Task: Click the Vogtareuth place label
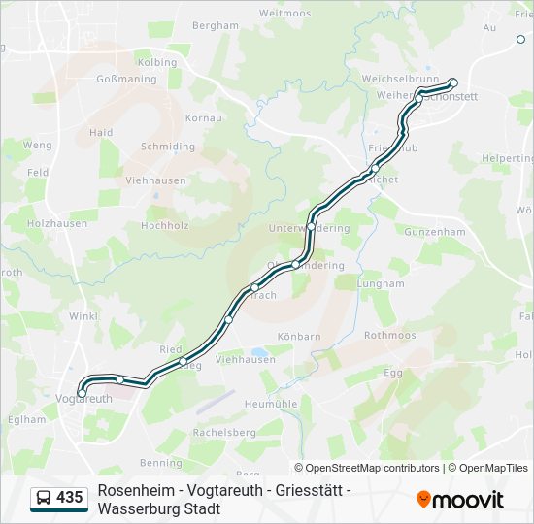[x=85, y=399]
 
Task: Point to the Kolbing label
[x=157, y=62]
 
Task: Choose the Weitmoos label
[x=285, y=14]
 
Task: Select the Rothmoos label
[x=389, y=335]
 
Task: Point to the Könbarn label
[x=299, y=337]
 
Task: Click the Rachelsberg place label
[x=224, y=431]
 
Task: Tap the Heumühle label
[x=271, y=403]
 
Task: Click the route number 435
[x=69, y=497]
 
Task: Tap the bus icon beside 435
[x=44, y=498]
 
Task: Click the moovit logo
[x=460, y=500]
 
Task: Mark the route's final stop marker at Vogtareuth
[x=82, y=392]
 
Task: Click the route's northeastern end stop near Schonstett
[x=452, y=82]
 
